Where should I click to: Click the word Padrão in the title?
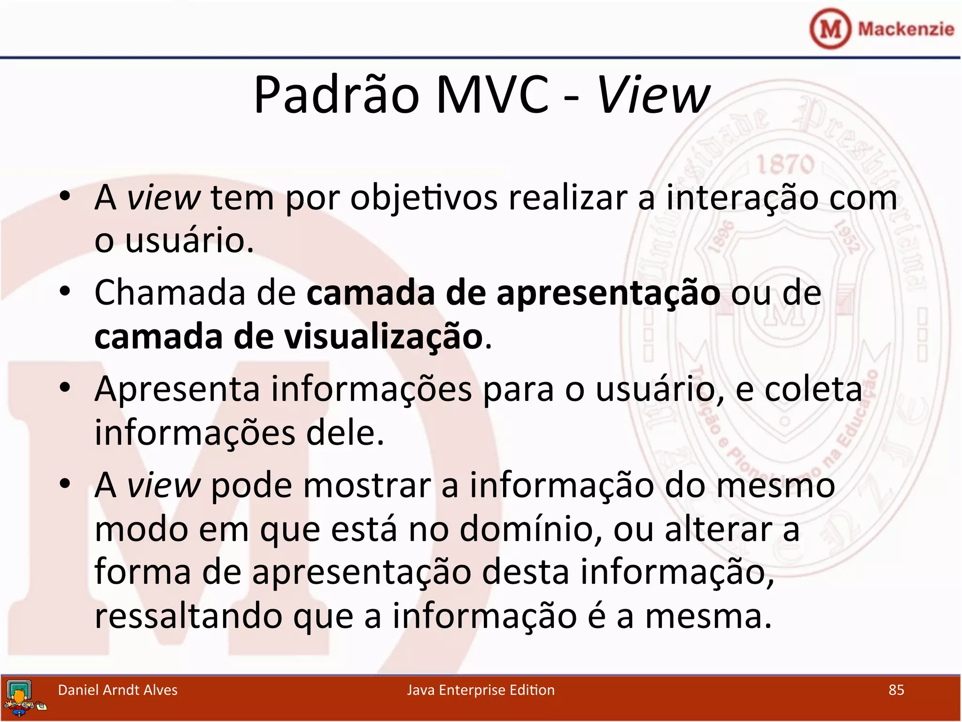click(336, 95)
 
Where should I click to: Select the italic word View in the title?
click(653, 95)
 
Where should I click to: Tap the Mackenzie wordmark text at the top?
click(906, 29)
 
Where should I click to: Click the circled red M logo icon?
click(830, 29)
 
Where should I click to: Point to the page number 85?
click(896, 690)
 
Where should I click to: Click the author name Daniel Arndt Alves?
click(117, 690)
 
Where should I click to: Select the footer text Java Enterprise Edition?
click(481, 690)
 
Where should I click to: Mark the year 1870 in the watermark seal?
click(785, 165)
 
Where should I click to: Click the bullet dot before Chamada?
click(65, 292)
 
